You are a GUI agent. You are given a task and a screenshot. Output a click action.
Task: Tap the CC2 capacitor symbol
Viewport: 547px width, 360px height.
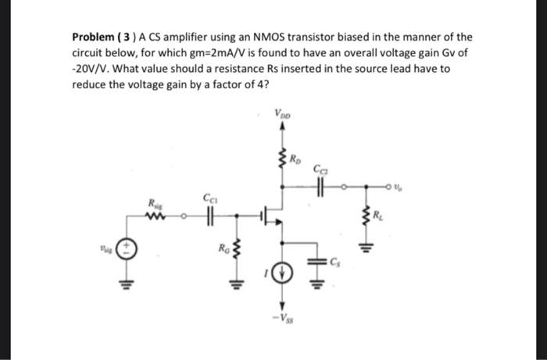[321, 187]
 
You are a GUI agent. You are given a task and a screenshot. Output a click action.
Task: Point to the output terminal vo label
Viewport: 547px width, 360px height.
[399, 186]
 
